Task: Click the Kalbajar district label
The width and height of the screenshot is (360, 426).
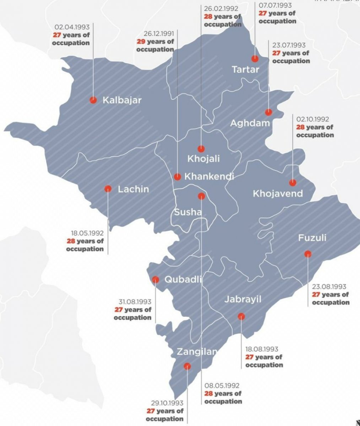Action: click(122, 100)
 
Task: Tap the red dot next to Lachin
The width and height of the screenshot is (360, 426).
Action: click(108, 189)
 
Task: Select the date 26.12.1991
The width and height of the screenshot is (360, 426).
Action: click(155, 34)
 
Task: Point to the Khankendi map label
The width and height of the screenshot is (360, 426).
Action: click(209, 176)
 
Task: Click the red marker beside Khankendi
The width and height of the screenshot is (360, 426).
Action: click(178, 177)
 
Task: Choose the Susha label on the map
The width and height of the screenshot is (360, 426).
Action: click(188, 212)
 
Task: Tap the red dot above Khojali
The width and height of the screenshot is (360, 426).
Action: click(201, 149)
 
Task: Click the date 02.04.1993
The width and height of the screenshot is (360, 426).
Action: click(72, 27)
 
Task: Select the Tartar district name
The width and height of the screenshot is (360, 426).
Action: click(245, 70)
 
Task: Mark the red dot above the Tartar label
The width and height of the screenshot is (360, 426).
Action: click(255, 58)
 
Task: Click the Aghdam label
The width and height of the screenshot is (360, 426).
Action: click(250, 123)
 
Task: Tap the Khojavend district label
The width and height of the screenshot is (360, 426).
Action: click(277, 194)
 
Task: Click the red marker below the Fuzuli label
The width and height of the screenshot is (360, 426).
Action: click(307, 254)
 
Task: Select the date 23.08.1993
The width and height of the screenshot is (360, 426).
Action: click(329, 287)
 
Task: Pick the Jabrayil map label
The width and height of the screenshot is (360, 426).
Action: click(243, 299)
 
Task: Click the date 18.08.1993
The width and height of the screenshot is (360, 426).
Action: click(262, 349)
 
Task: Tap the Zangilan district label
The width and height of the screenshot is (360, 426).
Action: click(197, 352)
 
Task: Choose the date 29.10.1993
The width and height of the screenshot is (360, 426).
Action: click(167, 403)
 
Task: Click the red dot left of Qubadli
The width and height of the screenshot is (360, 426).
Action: click(156, 279)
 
